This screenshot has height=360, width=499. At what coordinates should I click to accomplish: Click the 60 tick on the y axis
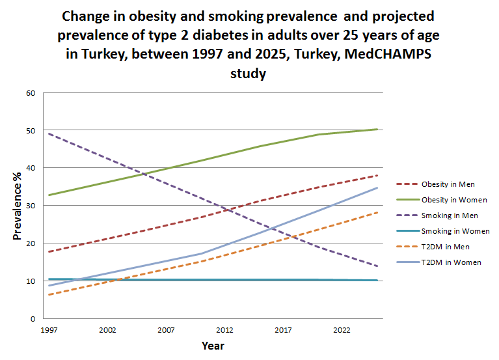(31, 93)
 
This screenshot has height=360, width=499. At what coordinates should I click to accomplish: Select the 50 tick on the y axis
(31, 131)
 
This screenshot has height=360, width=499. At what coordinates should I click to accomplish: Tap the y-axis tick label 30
(31, 206)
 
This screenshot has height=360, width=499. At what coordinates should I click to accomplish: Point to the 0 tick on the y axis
(33, 319)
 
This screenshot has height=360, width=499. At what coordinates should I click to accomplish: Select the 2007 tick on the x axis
(165, 331)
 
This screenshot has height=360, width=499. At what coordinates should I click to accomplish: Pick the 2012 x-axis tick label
(226, 331)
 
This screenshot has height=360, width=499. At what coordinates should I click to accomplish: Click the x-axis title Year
(213, 345)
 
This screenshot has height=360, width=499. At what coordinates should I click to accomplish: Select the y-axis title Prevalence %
(17, 206)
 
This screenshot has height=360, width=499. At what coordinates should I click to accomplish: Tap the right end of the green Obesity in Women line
(377, 129)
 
